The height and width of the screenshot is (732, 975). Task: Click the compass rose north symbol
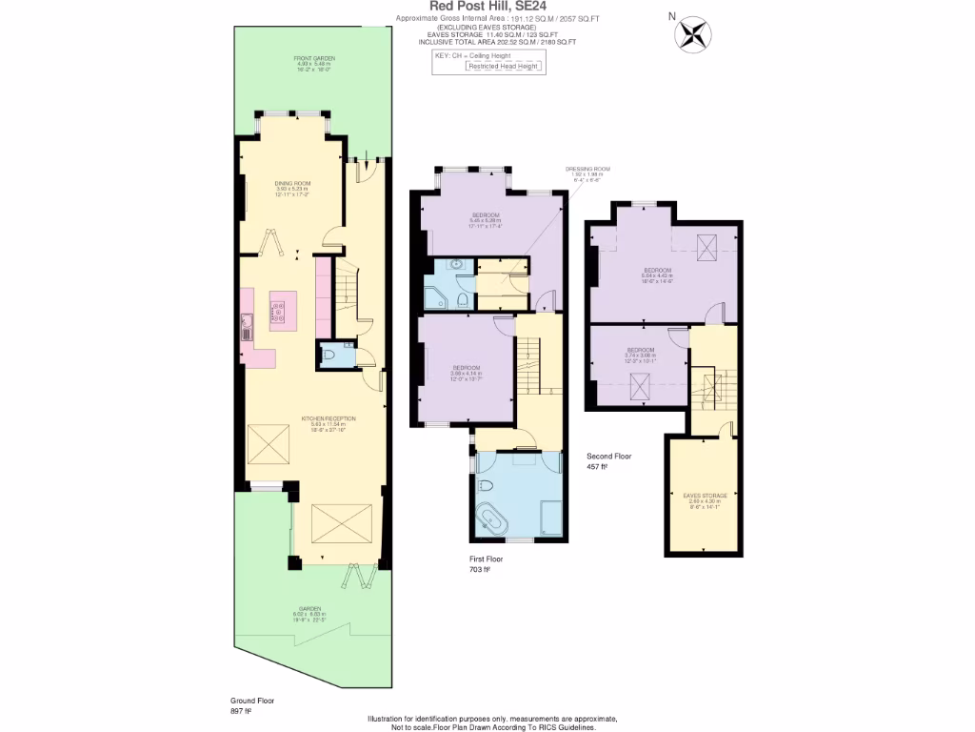pos(692,33)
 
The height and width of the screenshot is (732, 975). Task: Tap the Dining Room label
pos(293,187)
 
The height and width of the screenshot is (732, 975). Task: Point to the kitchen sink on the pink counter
pos(247,331)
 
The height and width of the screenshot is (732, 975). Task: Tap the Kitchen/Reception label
pos(328,423)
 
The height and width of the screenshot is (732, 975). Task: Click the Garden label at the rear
pos(309,612)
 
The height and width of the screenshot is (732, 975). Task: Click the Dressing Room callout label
pos(587,172)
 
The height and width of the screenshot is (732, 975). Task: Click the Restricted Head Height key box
pos(504,67)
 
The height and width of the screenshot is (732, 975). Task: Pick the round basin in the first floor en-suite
pos(455,265)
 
